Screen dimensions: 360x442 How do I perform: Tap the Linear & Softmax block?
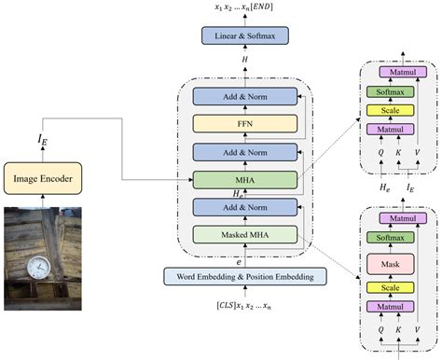(x=243, y=35)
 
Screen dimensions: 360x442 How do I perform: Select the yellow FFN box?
(x=243, y=123)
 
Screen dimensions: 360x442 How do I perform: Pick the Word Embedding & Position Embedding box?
(x=243, y=276)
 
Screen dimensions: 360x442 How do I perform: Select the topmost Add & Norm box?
(x=243, y=96)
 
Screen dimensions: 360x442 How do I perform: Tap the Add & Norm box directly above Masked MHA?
(x=243, y=206)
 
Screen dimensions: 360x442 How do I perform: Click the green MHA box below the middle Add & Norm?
(x=243, y=178)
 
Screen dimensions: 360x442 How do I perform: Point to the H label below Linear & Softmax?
(x=243, y=59)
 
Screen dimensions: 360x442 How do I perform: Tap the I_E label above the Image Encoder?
(x=43, y=139)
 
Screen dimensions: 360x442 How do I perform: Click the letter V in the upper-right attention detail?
(x=416, y=148)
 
